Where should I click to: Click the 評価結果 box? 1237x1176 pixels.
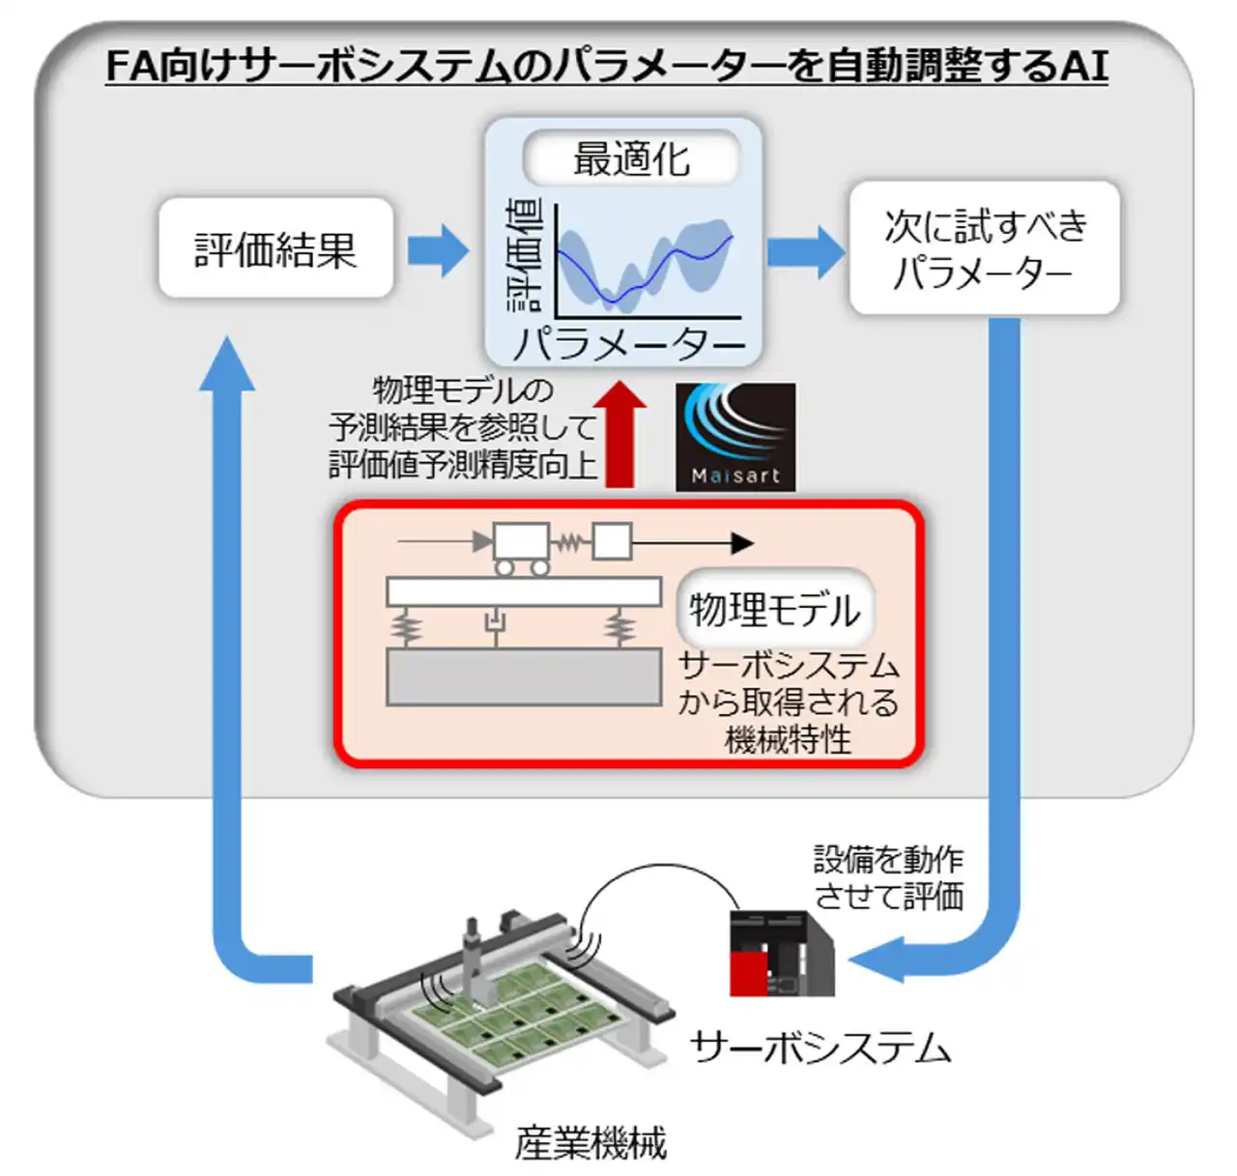coord(275,248)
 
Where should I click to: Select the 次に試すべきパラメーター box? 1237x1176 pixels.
coord(984,248)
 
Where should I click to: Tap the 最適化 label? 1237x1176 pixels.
coord(631,158)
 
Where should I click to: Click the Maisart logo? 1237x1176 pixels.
coord(735,437)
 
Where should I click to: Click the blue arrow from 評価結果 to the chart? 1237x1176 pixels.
coord(437,249)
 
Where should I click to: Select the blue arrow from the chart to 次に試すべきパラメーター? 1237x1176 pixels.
coord(805,251)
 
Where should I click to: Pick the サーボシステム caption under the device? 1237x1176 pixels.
coord(820,1047)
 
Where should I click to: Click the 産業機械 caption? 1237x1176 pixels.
coord(590,1143)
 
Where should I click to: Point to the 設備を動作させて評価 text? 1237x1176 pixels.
coord(888,877)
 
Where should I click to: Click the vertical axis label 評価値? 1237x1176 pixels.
coord(525,256)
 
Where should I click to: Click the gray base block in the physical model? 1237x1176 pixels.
coord(524,676)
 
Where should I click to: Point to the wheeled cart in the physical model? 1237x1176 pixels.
coord(521,545)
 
